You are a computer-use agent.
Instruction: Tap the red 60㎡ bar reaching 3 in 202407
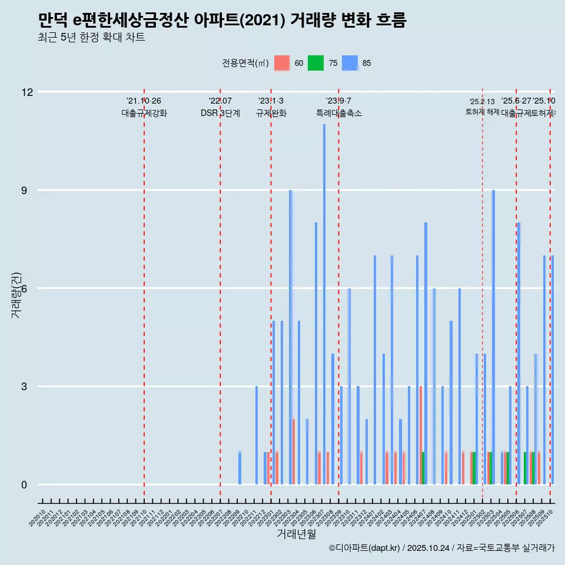click(421, 436)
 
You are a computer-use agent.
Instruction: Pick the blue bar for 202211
click(257, 436)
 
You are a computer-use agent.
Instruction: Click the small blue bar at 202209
click(240, 468)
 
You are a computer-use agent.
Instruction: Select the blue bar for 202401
click(374, 371)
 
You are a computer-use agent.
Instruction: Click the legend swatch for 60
click(282, 63)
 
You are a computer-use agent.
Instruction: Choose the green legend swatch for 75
click(316, 63)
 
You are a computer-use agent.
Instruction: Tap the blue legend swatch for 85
click(350, 63)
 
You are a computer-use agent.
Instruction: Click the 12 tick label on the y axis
click(27, 92)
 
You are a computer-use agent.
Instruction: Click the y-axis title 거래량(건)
click(16, 294)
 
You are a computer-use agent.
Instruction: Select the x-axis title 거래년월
click(297, 534)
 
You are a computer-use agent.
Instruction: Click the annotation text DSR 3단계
click(220, 114)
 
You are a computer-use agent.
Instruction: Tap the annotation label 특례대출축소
click(338, 114)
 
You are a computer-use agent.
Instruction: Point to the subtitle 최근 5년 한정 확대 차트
click(91, 38)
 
